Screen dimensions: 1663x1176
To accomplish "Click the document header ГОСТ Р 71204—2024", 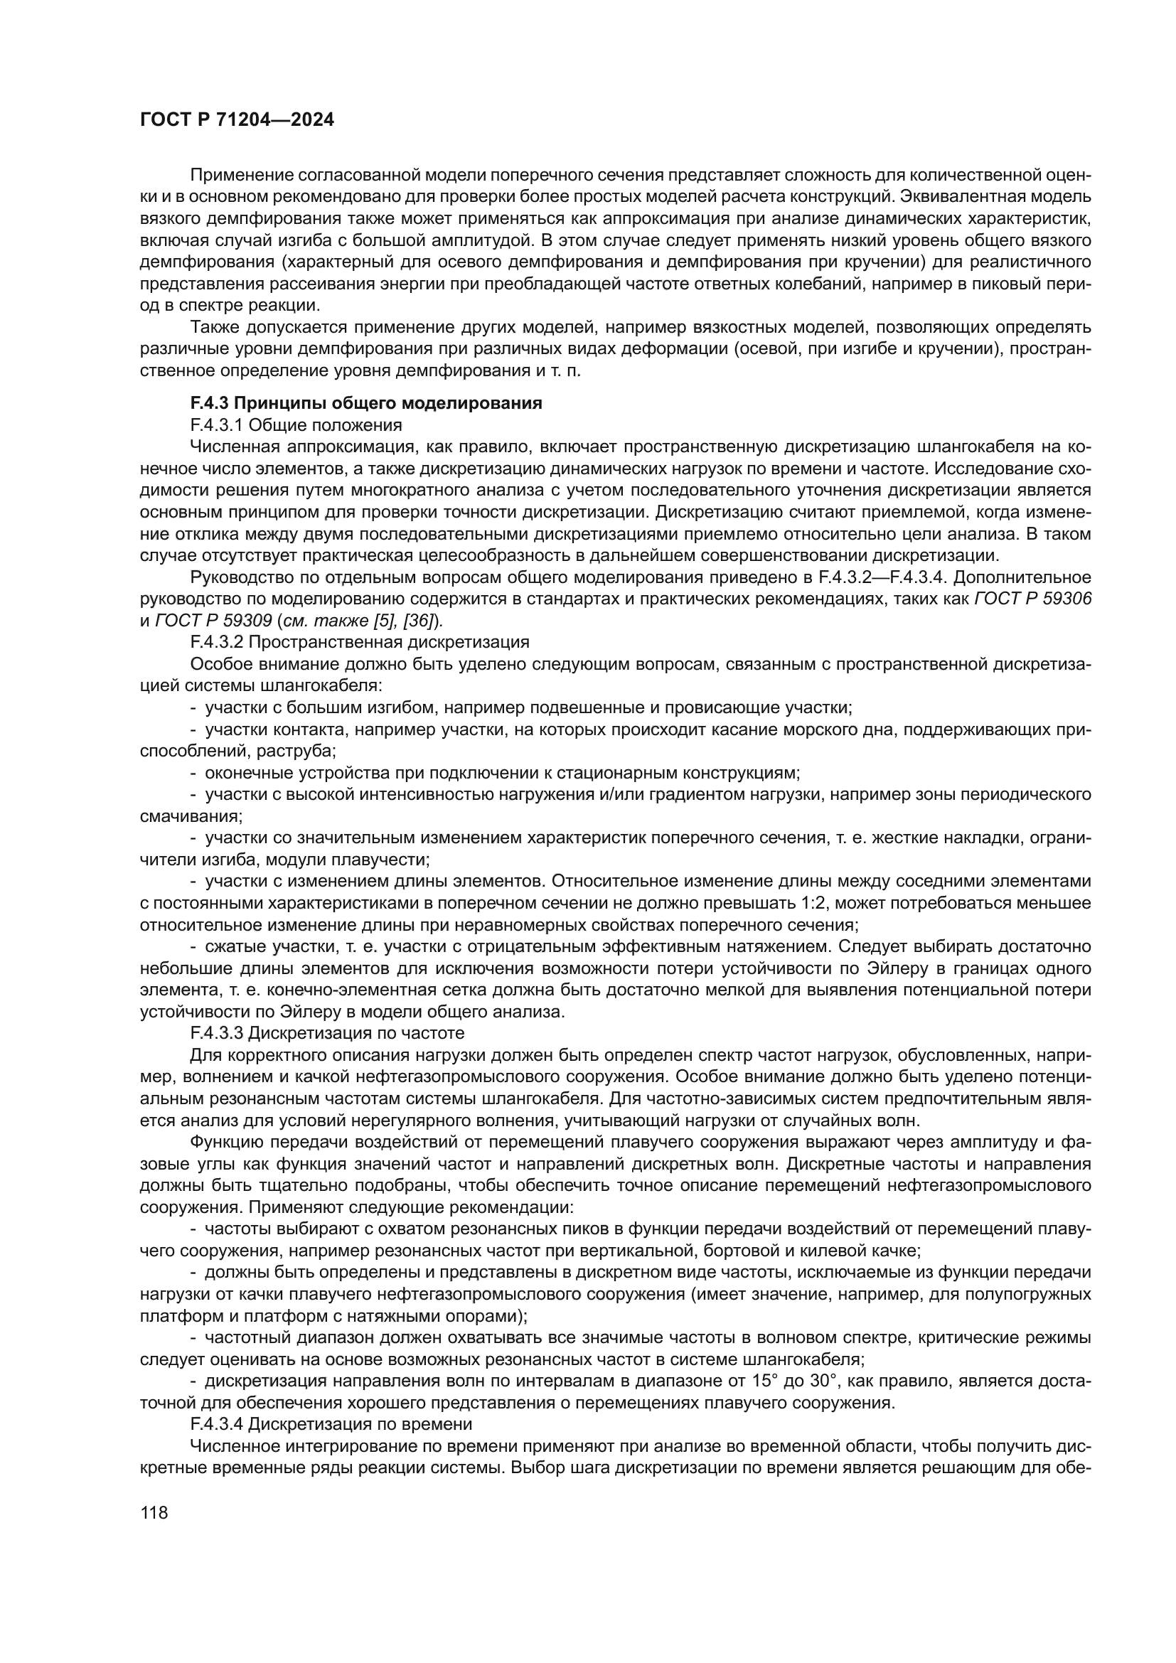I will (x=237, y=120).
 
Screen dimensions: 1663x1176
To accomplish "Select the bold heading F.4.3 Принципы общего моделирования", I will (x=365, y=403).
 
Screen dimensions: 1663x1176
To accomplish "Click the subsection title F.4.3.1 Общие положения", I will (x=296, y=425).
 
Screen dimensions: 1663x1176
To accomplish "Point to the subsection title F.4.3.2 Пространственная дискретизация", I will (x=359, y=643).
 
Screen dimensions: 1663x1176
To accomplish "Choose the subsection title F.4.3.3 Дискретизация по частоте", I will (x=326, y=1033).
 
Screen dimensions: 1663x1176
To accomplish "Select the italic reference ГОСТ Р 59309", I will (x=213, y=621).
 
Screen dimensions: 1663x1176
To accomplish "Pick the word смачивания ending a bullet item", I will (x=190, y=816).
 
